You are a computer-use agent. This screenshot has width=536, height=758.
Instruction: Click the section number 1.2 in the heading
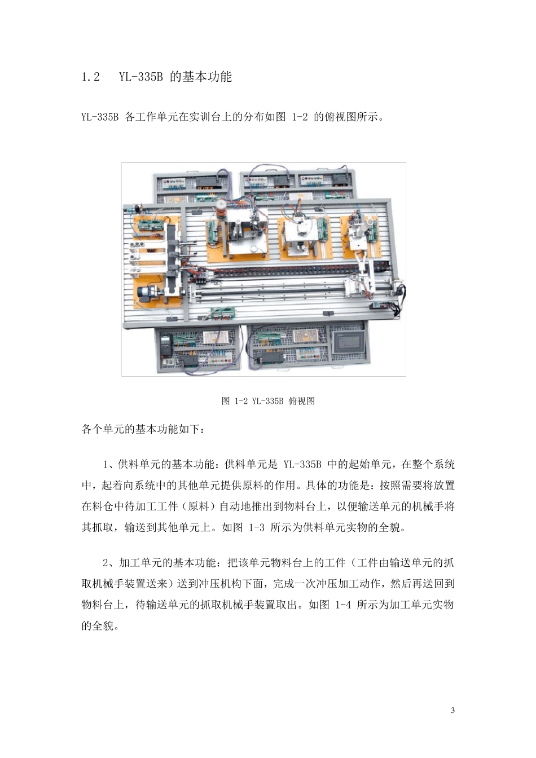pos(91,77)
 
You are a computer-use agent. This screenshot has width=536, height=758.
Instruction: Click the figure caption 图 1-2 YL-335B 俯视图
pos(268,401)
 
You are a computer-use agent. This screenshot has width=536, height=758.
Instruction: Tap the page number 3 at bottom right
pos(453,710)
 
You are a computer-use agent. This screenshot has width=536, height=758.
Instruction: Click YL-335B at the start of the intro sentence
pos(100,118)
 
